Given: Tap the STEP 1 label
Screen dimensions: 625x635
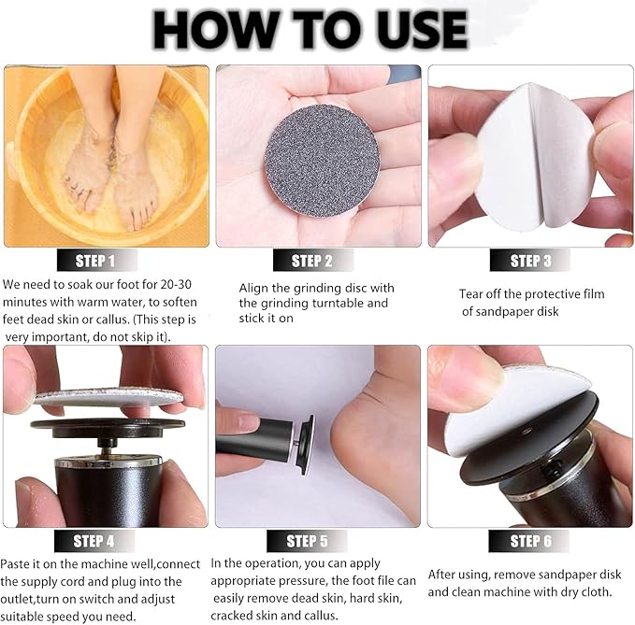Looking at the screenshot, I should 94,262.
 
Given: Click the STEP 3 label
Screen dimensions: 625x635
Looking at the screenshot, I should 530,262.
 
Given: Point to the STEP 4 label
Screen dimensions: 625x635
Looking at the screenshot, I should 94,540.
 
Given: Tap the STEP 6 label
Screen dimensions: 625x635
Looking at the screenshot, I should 530,541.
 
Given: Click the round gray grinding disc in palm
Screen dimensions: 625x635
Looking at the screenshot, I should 309,159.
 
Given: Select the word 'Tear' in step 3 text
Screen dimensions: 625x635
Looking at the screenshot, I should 473,294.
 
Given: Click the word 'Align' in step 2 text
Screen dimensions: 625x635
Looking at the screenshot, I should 254,289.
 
